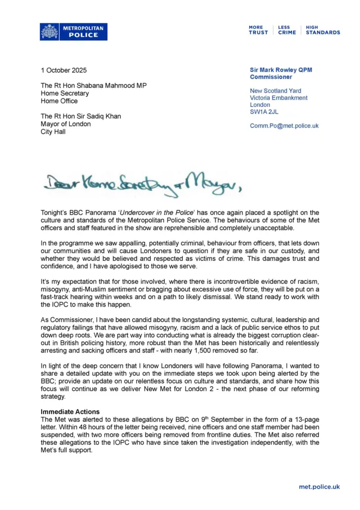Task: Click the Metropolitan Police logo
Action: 73,31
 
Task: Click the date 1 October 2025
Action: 64,71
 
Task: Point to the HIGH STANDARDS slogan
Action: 323,30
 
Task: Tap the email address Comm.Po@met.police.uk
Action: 284,126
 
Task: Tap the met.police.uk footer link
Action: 319,487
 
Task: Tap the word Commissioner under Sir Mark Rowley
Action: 271,77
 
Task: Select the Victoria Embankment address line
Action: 278,98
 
